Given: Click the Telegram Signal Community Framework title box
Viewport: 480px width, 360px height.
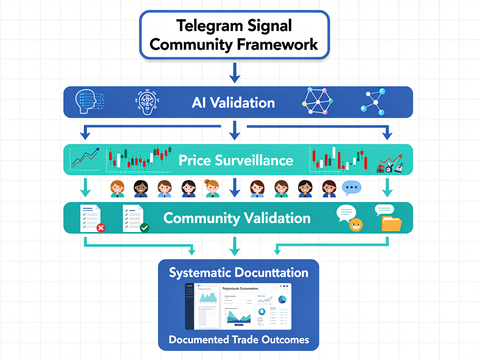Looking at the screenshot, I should [233, 35].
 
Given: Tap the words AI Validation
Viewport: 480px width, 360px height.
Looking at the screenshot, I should [233, 102].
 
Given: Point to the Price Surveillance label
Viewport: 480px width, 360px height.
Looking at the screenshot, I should [236, 160].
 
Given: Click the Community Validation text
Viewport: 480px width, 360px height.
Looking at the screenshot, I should [237, 218].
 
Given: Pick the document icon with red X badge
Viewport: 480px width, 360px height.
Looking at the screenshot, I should [92, 218].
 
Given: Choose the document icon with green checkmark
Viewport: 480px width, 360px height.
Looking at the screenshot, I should [135, 218].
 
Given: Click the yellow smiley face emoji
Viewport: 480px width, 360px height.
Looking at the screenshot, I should [356, 225].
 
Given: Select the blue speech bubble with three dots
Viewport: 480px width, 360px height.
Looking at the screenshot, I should [352, 188].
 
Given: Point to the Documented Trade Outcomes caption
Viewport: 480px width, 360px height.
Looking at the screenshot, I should [239, 340].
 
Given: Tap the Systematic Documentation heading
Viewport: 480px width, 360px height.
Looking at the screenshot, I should [239, 273].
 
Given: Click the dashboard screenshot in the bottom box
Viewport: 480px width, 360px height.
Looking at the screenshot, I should [238, 306].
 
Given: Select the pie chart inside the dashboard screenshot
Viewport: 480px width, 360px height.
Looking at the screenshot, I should [282, 299].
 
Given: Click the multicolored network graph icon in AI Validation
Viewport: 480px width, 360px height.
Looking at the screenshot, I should [317, 101].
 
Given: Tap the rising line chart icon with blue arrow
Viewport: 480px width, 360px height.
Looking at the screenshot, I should [84, 160].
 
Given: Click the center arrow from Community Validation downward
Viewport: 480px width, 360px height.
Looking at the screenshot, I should [233, 246].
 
